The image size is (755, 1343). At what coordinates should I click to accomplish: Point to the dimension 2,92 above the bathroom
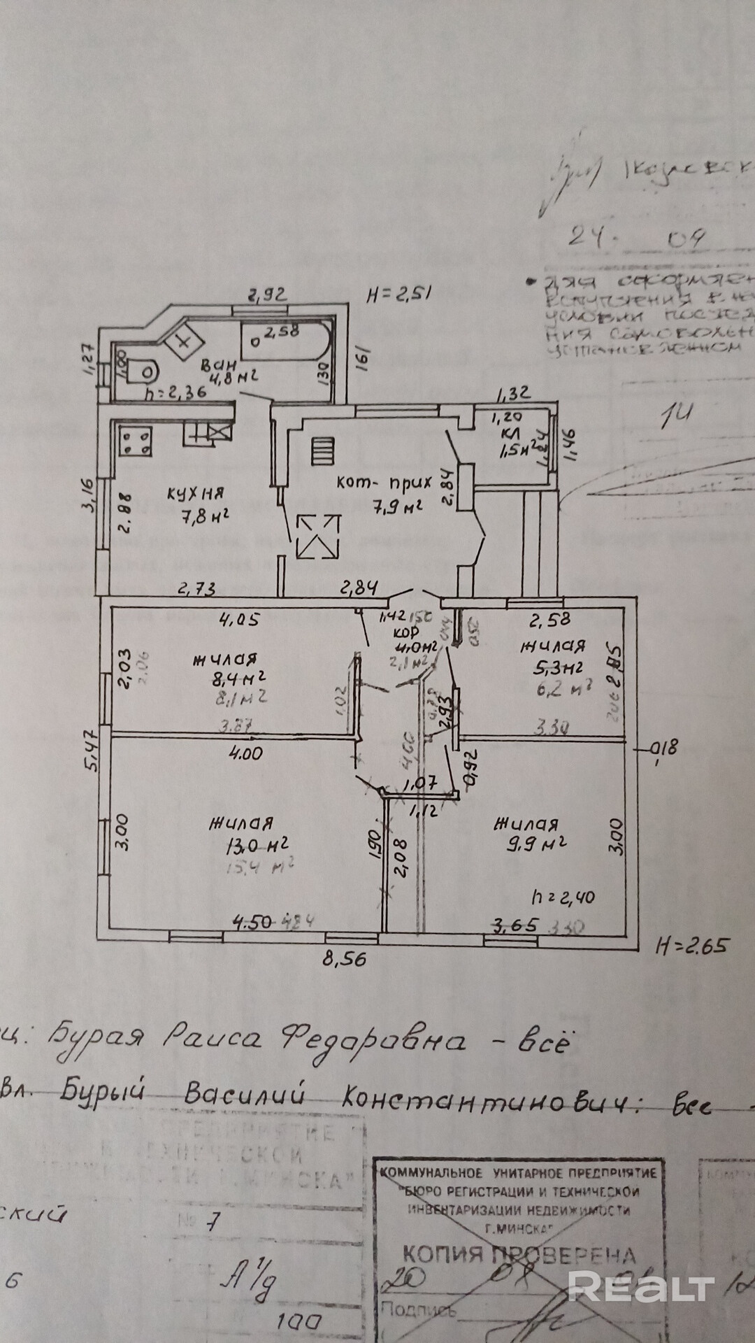268,295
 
